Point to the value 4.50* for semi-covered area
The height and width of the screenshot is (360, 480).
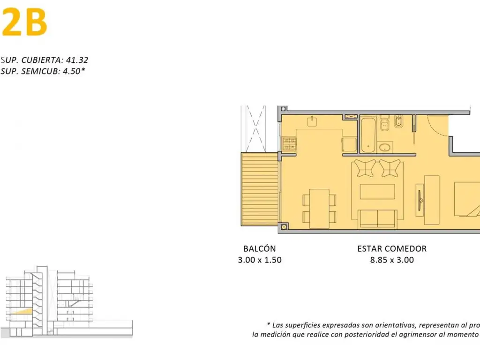coord(74,71)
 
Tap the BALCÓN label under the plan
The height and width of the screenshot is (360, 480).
coord(259,249)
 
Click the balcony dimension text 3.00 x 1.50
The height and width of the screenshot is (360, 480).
coord(259,260)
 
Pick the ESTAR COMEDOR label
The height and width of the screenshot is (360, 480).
coord(392,249)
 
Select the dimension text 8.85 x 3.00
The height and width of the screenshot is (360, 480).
coord(392,260)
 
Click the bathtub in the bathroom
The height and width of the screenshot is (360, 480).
coord(367,135)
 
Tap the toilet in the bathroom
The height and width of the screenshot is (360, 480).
coord(385,126)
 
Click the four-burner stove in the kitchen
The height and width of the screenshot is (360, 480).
coord(288,143)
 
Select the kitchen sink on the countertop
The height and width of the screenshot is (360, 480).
coord(313,122)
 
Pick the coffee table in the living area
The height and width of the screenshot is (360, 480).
coord(377,192)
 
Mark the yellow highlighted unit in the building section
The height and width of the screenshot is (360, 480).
coord(22,311)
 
